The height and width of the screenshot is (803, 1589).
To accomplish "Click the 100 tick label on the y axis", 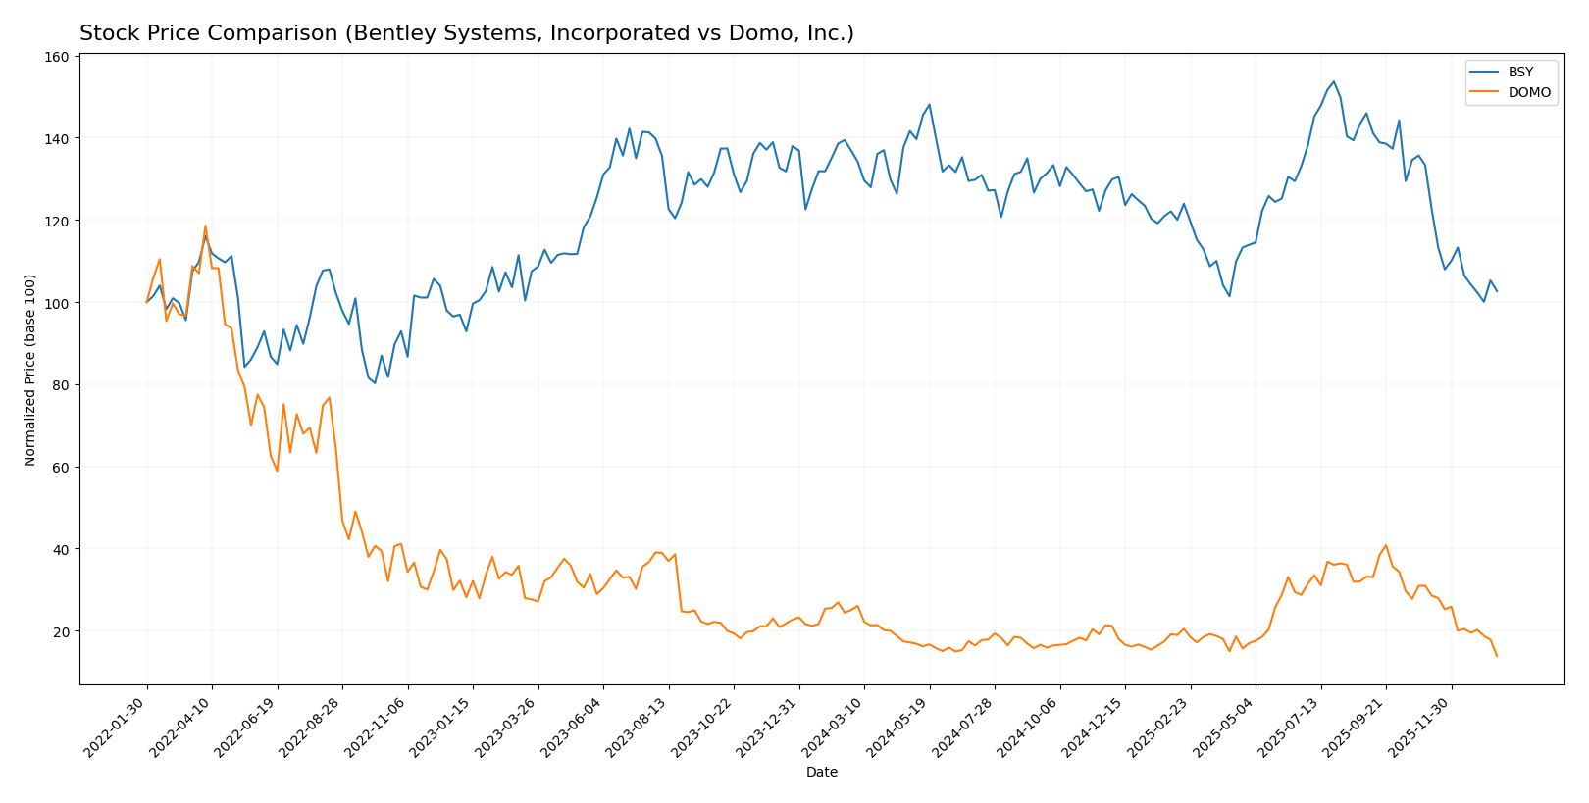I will pyautogui.click(x=56, y=303).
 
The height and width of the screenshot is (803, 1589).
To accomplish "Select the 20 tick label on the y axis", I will pyautogui.click(x=60, y=631).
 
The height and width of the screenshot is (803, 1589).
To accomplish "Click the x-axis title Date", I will pyautogui.click(x=822, y=773).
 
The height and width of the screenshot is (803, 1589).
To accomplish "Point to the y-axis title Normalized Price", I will pyautogui.click(x=31, y=370).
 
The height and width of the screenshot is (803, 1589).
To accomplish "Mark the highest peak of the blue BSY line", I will pyautogui.click(x=1333, y=82).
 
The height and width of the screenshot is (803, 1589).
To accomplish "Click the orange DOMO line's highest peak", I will pyautogui.click(x=205, y=226).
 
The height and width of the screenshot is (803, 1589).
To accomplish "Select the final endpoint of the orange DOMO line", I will pyautogui.click(x=1497, y=656).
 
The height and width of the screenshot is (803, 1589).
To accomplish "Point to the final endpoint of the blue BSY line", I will pyautogui.click(x=1497, y=291).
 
